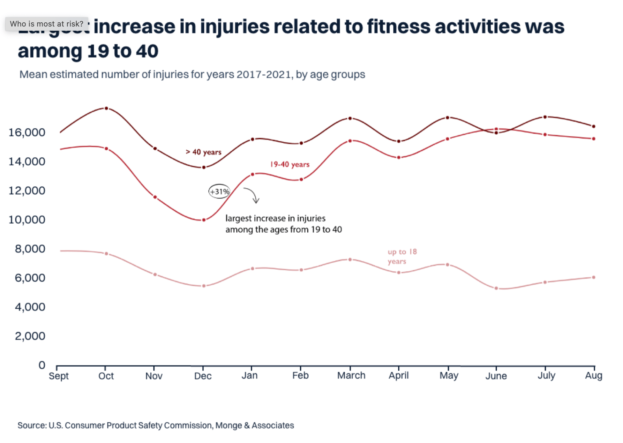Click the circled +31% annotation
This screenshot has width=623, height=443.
tap(219, 192)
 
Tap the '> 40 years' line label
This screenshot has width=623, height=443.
tap(204, 152)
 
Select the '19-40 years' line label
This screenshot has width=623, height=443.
tap(290, 164)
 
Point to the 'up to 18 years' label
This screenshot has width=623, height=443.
tap(402, 256)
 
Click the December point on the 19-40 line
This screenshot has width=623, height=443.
tap(204, 220)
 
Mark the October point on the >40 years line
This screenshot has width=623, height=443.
tap(106, 108)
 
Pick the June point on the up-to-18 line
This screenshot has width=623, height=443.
tap(496, 288)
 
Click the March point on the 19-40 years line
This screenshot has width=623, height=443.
tap(350, 141)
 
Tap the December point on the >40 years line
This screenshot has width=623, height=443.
tap(204, 167)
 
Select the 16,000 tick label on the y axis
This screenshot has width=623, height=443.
tap(27, 133)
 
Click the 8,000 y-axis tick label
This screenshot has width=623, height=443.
tap(30, 249)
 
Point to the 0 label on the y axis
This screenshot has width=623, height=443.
tap(42, 365)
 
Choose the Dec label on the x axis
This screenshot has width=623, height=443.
tap(203, 376)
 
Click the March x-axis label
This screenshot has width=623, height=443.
tap(351, 376)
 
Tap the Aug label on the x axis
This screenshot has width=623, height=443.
tap(593, 376)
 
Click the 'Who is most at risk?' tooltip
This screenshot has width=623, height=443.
tap(46, 24)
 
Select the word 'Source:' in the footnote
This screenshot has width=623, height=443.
tap(32, 426)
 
